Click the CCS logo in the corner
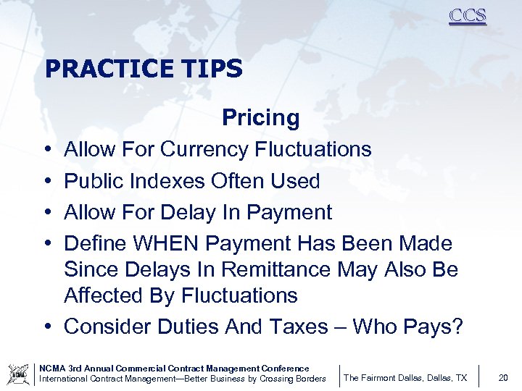click(468, 16)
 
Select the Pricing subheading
click(260, 117)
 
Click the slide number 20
click(503, 377)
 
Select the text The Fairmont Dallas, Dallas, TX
click(405, 378)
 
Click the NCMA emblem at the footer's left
click(18, 374)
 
